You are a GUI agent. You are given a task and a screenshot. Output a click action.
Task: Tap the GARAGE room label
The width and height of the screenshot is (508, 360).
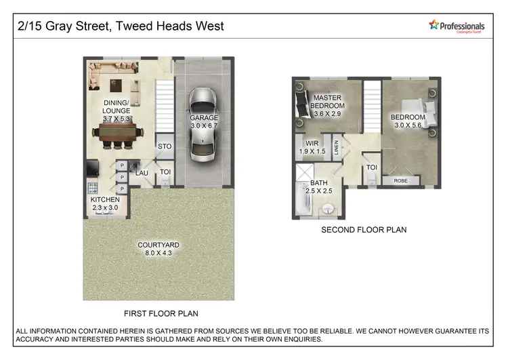coord(204,121)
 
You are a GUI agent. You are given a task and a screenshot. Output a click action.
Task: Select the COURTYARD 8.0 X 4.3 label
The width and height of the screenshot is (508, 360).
coord(158,249)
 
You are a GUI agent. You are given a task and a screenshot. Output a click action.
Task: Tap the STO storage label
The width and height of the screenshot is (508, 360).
coord(164,146)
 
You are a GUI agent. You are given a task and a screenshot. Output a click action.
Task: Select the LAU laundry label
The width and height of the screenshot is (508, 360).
coord(142,173)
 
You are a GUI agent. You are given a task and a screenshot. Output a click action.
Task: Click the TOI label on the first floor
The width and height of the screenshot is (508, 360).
coord(165,172)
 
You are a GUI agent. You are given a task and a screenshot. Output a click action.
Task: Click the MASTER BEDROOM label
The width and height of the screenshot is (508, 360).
coord(327,106)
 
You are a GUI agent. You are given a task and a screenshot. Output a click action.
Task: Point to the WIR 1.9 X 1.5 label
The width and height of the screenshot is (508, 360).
coord(312,148)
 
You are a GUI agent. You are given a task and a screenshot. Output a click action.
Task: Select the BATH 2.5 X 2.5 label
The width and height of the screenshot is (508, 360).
coord(321,187)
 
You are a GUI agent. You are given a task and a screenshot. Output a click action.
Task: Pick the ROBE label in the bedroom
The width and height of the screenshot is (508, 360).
coord(401,181)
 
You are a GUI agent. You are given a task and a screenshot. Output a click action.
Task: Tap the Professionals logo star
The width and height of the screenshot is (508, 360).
coord(434,24)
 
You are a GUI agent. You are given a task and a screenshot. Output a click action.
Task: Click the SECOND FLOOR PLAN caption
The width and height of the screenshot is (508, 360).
coord(364,230)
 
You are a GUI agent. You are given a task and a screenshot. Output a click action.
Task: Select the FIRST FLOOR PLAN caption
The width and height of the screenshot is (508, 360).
coord(161,313)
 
